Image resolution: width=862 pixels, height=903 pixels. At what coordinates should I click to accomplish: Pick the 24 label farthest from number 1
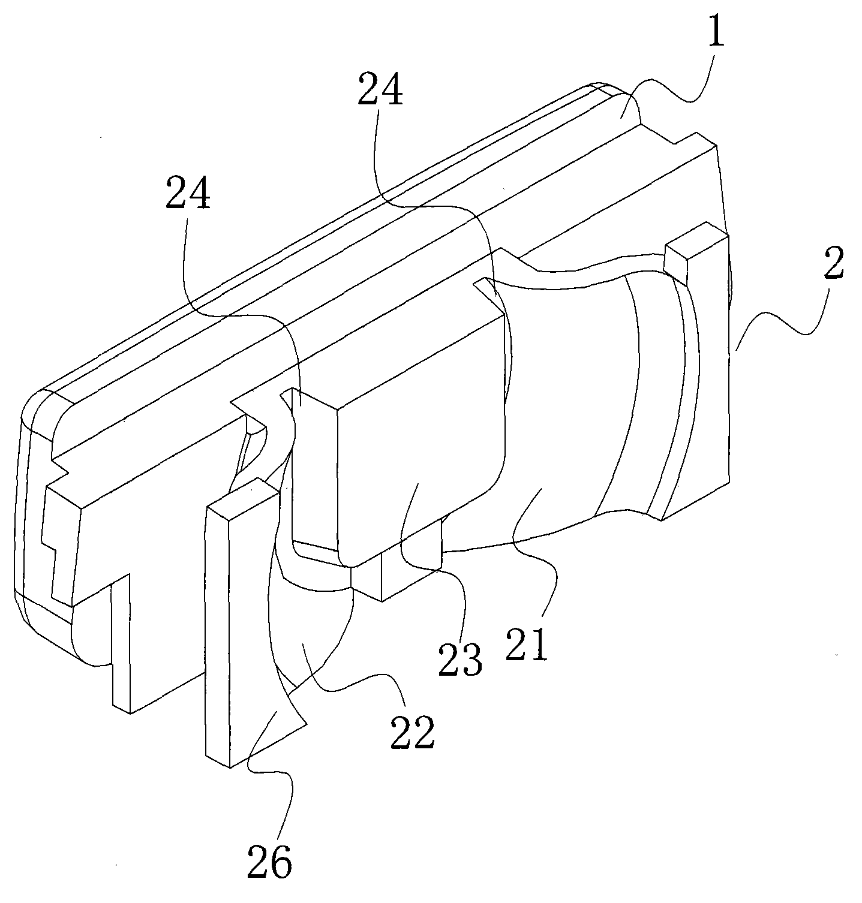coord(188,195)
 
